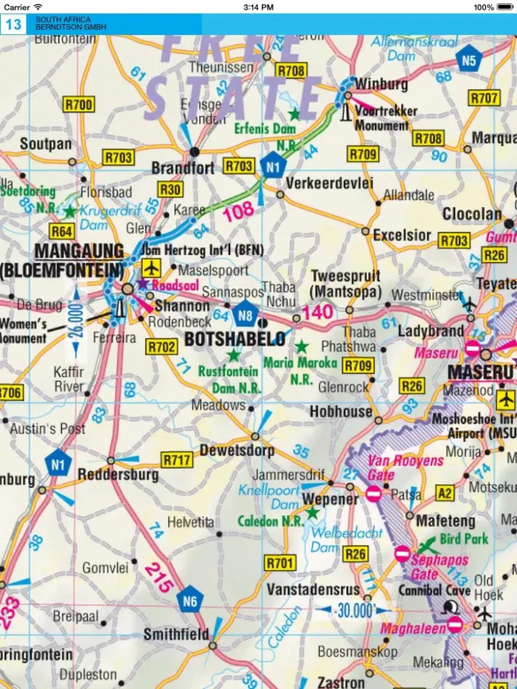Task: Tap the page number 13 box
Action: (x=13, y=25)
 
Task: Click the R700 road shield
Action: (x=79, y=105)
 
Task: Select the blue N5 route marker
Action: (x=469, y=61)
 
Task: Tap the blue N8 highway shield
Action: (x=245, y=314)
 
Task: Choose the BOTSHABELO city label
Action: (x=235, y=338)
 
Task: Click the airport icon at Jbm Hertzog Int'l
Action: (x=150, y=267)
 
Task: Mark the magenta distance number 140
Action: (x=317, y=312)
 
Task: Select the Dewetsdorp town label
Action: (x=236, y=451)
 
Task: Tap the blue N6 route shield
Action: (x=190, y=601)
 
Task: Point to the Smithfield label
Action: (x=176, y=634)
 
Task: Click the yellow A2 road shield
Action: (x=446, y=493)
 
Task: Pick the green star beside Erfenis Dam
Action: (x=294, y=113)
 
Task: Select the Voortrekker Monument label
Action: (x=381, y=118)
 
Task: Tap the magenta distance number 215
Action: (x=158, y=578)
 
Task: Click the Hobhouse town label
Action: (x=341, y=411)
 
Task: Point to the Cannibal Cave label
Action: (x=434, y=590)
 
